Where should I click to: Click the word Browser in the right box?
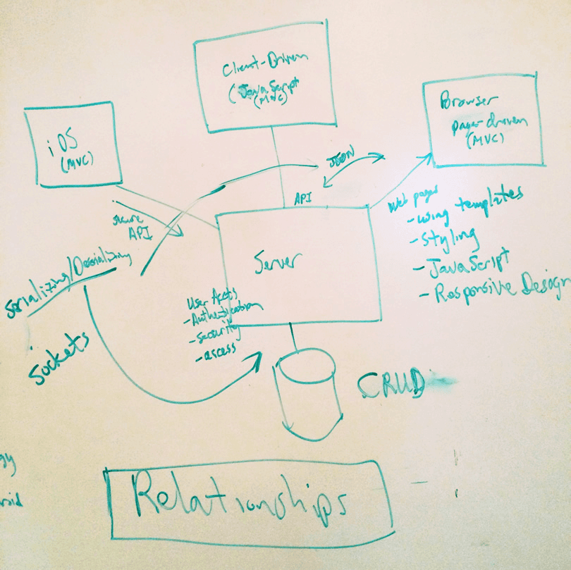click(469, 102)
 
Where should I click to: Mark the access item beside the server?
click(219, 349)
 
